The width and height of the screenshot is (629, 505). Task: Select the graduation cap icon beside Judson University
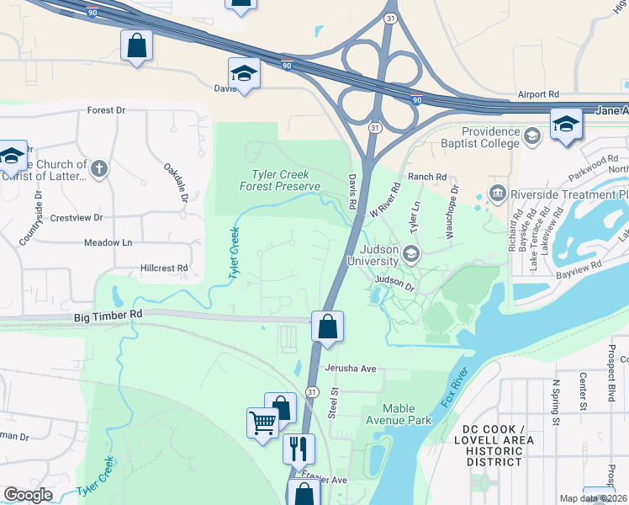tap(410, 253)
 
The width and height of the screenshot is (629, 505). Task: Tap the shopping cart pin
tap(262, 422)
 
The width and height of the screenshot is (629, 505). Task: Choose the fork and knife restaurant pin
tap(298, 449)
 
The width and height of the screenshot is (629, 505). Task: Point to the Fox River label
tap(453, 388)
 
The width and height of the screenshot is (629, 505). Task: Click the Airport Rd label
tap(538, 95)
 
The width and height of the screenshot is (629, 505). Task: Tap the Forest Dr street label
tap(105, 110)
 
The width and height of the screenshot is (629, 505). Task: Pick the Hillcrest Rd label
tap(164, 268)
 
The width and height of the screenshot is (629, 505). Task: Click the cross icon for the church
tap(98, 169)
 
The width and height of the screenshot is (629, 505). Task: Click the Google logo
tap(28, 495)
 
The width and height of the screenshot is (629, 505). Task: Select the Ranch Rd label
tap(427, 177)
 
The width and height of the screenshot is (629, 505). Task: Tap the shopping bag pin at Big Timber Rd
tap(327, 327)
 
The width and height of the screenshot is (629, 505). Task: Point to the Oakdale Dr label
tap(175, 182)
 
